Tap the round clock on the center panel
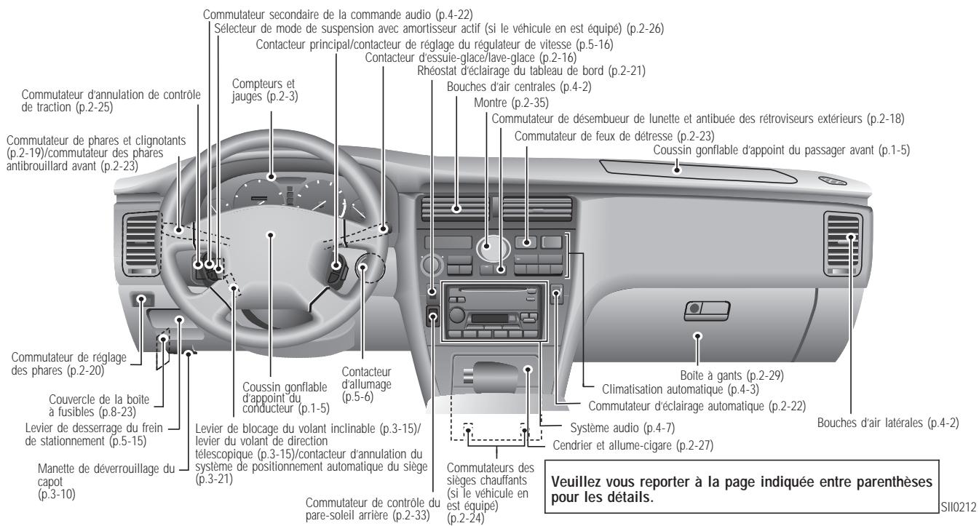tap(487, 250)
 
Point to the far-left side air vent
tap(138, 240)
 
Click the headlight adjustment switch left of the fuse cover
tap(142, 299)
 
